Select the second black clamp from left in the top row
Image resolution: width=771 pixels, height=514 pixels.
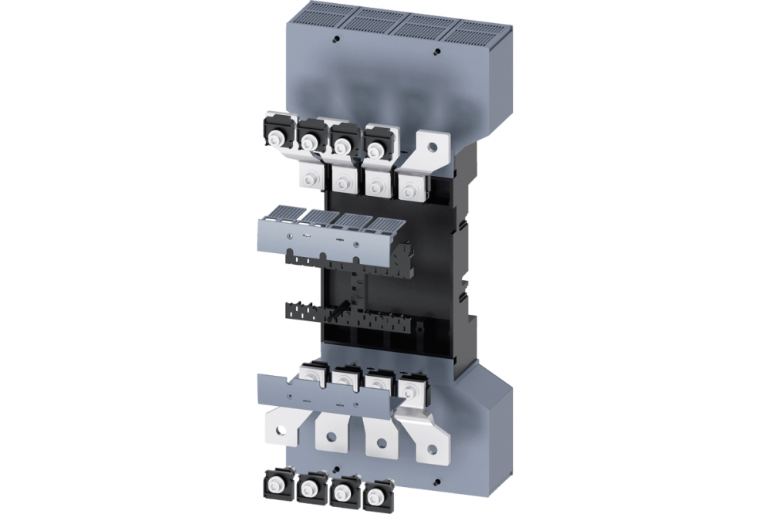tap(309, 135)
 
